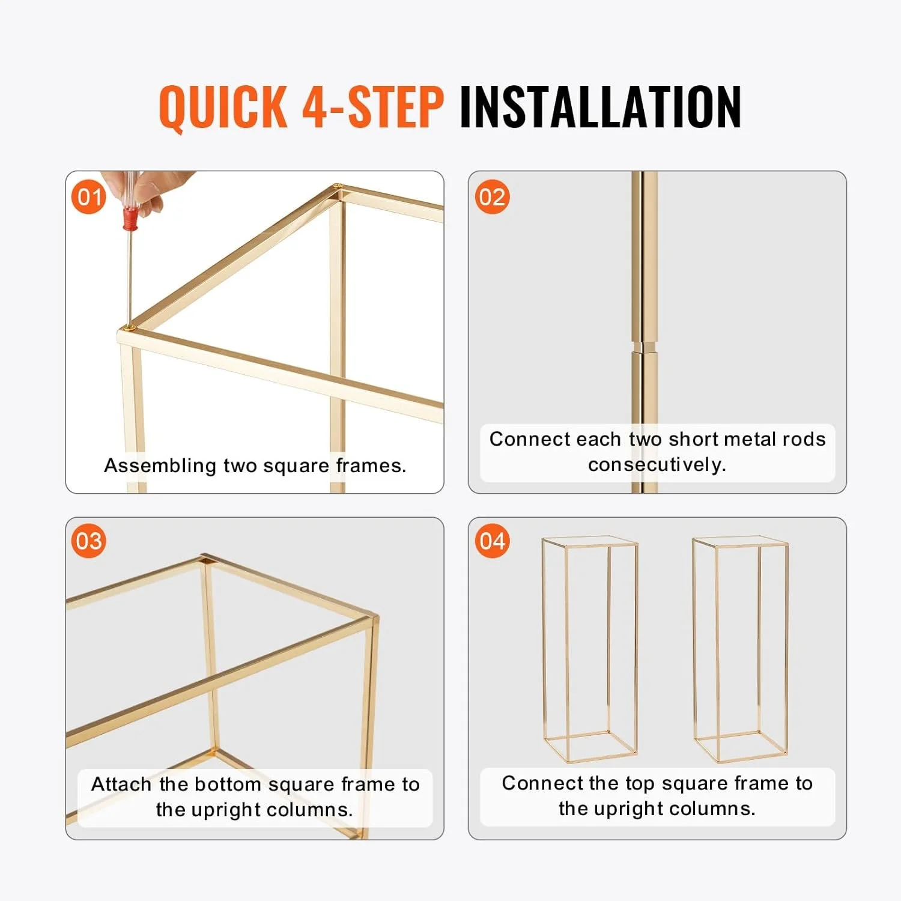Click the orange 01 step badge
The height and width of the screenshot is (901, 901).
coord(89,197)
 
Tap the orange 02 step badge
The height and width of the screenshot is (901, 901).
coord(492,197)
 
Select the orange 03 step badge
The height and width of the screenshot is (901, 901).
coord(89,541)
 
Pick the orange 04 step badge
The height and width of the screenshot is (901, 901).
coord(492,541)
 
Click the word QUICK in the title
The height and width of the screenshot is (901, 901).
coord(223,107)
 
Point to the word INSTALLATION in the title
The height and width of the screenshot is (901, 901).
coord(600,106)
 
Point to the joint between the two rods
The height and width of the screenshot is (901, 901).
coord(644,347)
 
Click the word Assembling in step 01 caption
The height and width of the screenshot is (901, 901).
coord(160,466)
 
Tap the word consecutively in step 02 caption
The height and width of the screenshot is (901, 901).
coord(657,464)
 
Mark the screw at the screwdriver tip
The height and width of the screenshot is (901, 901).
coord(128,327)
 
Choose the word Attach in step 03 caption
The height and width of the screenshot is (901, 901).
coord(121,784)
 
